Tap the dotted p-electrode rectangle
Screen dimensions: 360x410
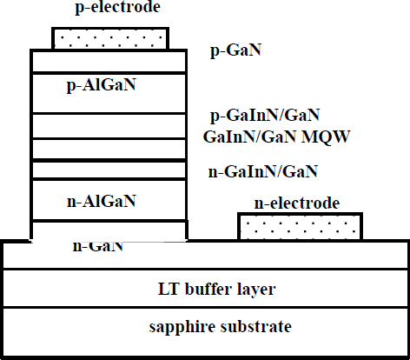pos(110,38)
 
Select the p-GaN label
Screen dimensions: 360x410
pos(236,50)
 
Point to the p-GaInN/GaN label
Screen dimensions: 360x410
pos(266,115)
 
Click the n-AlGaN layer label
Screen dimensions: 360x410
pos(102,202)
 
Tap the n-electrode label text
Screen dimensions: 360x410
pos(296,203)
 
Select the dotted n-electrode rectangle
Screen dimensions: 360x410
pos(301,226)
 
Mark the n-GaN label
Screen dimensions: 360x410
pos(97,246)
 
